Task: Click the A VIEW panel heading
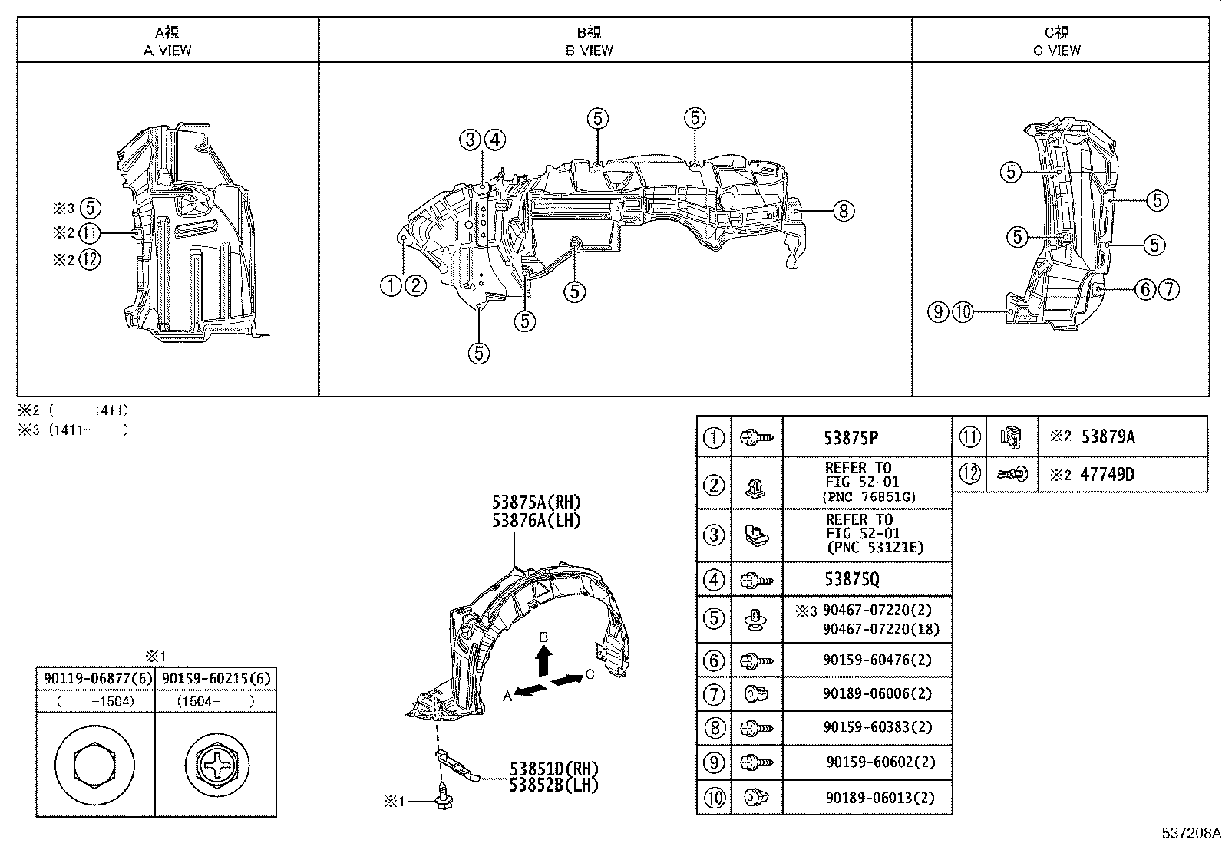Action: pos(167,41)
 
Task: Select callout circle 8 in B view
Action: pos(843,210)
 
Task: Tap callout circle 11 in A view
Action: pos(90,234)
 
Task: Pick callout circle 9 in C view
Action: pos(937,312)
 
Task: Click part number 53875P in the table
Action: pos(850,438)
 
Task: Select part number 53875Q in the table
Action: pos(852,579)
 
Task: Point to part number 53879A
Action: pos(1107,436)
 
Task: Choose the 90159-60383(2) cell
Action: pos(866,727)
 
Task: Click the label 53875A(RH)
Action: pos(537,503)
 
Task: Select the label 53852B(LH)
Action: pos(553,784)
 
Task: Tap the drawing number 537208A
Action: pos(1190,833)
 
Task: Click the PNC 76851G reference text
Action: pos(867,497)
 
